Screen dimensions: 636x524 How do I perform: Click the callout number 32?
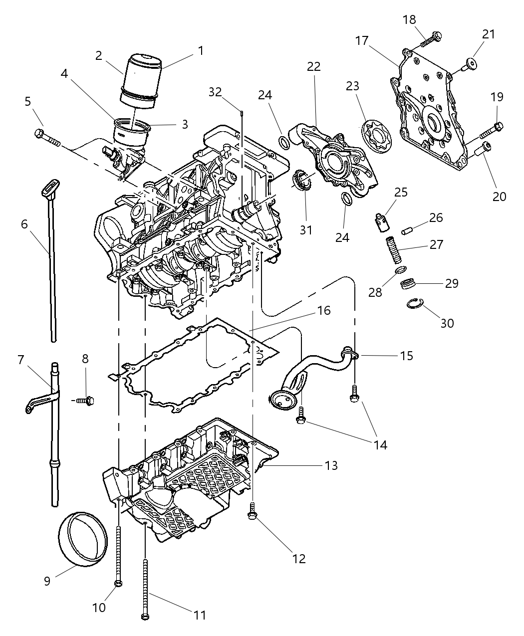point(215,92)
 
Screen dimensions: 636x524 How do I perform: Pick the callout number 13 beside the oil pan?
point(331,466)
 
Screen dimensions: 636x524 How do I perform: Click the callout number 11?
point(200,615)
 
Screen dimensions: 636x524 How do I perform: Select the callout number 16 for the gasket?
point(323,311)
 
